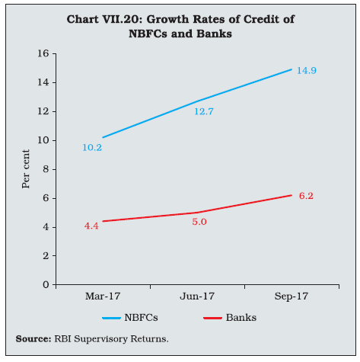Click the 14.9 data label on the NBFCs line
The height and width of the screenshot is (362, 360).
(x=307, y=71)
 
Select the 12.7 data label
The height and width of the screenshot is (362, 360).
(x=204, y=111)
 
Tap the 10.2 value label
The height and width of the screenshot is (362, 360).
(x=92, y=148)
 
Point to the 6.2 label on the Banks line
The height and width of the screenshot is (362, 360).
(x=306, y=196)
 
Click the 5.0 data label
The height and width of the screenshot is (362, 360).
(x=199, y=222)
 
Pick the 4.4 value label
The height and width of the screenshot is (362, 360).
(x=91, y=226)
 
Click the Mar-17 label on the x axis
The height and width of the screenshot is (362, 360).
(x=103, y=296)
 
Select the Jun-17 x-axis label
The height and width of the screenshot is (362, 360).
(x=197, y=296)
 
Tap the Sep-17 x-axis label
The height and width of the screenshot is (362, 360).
(x=292, y=296)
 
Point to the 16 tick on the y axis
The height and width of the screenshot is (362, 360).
(x=43, y=53)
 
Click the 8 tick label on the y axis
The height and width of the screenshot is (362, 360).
(x=46, y=169)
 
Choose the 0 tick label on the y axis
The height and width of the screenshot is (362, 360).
(x=46, y=285)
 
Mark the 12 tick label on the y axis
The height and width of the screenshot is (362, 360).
(x=43, y=111)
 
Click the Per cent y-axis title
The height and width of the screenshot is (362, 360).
(x=26, y=169)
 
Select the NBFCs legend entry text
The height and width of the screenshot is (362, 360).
(x=141, y=318)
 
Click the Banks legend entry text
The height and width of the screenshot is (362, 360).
(x=241, y=318)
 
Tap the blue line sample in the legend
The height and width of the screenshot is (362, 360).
(x=111, y=318)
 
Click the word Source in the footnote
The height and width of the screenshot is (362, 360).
(x=33, y=339)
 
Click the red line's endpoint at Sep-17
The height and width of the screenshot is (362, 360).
(x=292, y=195)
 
